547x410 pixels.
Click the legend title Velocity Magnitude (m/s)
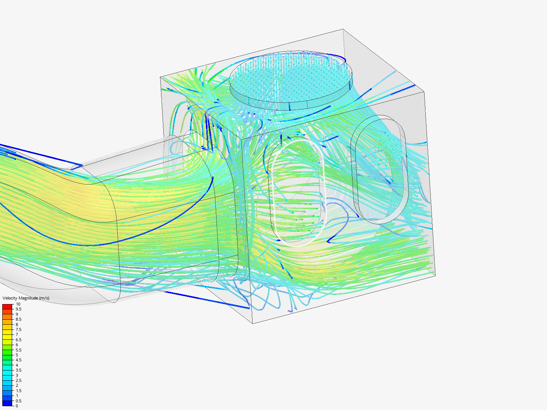pyautogui.click(x=26, y=298)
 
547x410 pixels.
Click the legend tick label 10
pyautogui.click(x=18, y=304)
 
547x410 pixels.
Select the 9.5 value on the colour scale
pyautogui.click(x=19, y=309)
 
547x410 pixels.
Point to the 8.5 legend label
pyautogui.click(x=19, y=319)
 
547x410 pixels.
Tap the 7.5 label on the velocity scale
pyautogui.click(x=19, y=330)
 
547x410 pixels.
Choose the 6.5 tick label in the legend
pyautogui.click(x=19, y=340)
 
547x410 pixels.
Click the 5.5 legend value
pyautogui.click(x=19, y=350)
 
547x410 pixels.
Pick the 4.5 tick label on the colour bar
pyautogui.click(x=19, y=360)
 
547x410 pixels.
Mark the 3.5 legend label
pyautogui.click(x=19, y=370)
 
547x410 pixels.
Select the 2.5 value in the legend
pyautogui.click(x=19, y=380)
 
